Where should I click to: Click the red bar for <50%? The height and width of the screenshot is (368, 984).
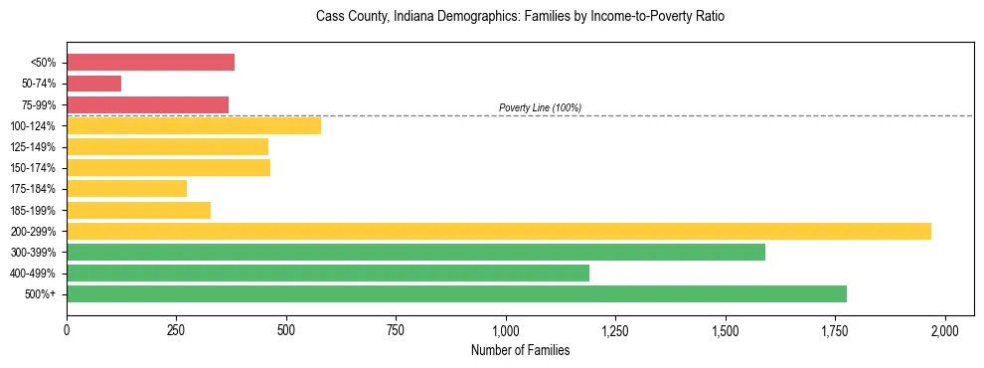[150, 63]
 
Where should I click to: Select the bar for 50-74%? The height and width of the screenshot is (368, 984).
[93, 84]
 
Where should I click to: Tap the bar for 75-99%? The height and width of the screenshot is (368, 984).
[147, 104]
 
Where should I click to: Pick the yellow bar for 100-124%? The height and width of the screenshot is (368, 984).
[194, 125]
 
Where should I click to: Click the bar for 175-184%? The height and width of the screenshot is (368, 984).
[126, 189]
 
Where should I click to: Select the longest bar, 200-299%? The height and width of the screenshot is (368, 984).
[499, 231]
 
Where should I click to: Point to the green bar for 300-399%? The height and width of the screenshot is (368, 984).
[415, 252]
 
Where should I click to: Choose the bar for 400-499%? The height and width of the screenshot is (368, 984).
[328, 273]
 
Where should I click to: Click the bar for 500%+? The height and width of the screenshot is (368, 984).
[456, 293]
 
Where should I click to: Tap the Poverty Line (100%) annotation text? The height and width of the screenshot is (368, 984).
[540, 107]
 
